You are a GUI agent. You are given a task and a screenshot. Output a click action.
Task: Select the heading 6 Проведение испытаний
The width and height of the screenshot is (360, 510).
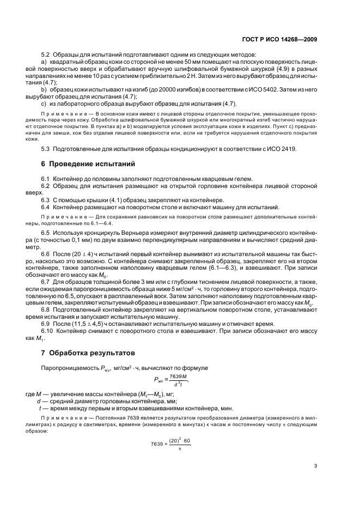tap(89, 163)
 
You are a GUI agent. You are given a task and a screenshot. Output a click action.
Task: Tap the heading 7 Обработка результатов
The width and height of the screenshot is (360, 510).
tap(88, 353)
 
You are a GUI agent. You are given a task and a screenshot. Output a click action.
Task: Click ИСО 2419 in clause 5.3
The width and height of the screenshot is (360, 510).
tap(283, 149)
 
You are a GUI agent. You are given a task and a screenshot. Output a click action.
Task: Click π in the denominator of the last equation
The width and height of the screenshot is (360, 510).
tap(179, 448)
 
